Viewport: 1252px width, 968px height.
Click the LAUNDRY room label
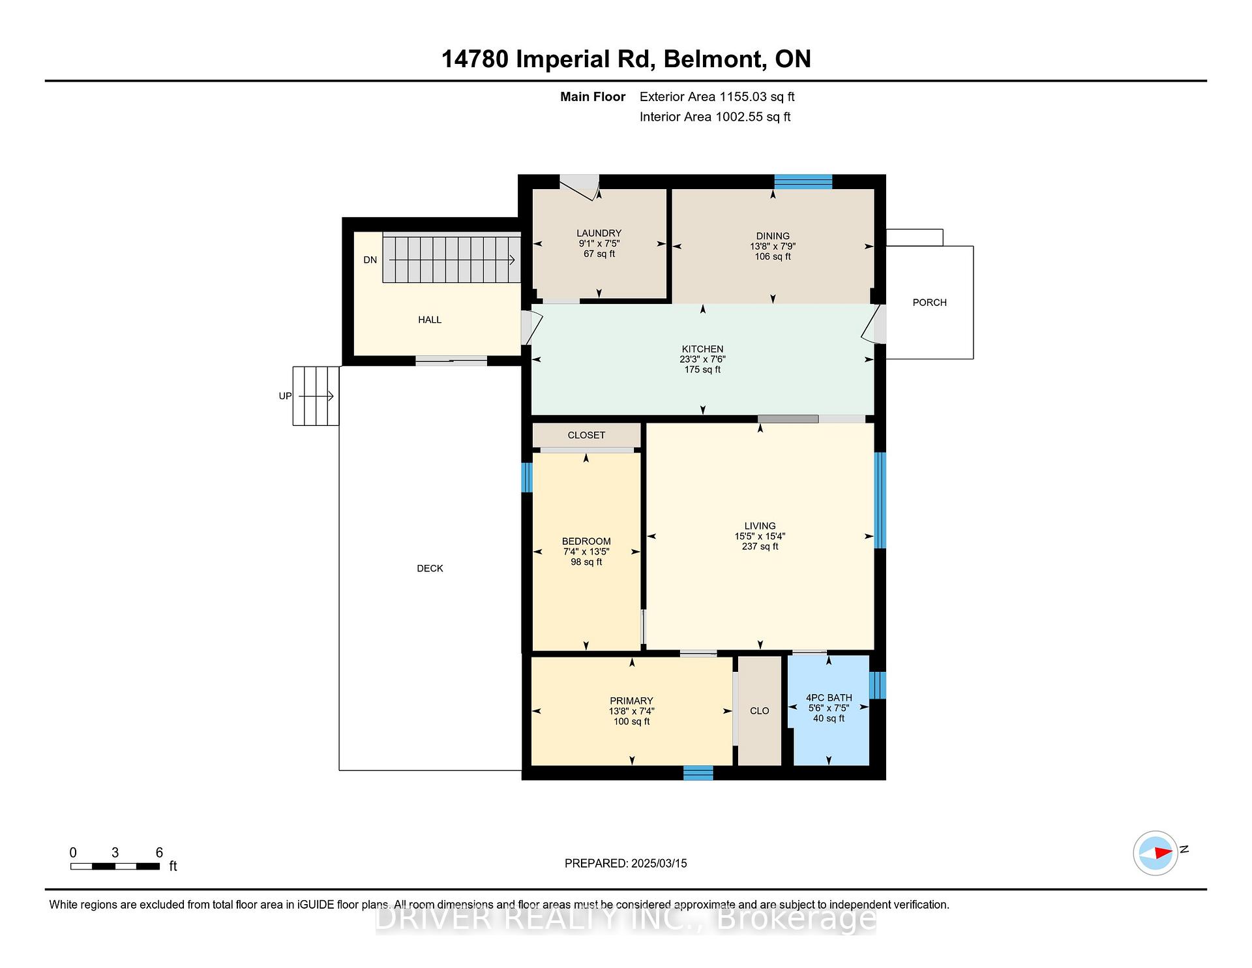[x=599, y=233]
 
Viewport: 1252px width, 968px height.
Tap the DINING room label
[x=773, y=235]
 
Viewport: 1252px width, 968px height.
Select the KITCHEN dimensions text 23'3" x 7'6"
[x=702, y=359]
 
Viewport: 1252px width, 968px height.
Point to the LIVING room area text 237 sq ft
[x=760, y=547]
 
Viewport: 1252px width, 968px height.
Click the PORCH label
[x=929, y=303]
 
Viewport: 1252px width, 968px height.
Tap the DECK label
[x=430, y=569]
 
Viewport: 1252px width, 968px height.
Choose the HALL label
[x=430, y=320]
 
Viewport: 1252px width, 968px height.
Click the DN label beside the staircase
[x=370, y=260]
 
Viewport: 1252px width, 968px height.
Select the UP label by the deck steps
[x=285, y=396]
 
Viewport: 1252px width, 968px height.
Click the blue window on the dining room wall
[x=803, y=181]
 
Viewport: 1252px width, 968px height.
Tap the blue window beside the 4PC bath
[x=878, y=685]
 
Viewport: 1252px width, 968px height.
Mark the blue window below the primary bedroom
[x=698, y=773]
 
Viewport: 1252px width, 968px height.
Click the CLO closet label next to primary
[x=759, y=711]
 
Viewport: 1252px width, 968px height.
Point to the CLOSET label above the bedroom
[x=586, y=435]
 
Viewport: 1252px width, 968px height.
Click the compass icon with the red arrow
[x=1155, y=853]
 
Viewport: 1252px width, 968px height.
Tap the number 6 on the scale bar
[x=159, y=853]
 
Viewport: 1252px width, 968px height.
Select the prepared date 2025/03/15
[x=659, y=864]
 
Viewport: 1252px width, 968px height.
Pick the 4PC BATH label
[x=829, y=698]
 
